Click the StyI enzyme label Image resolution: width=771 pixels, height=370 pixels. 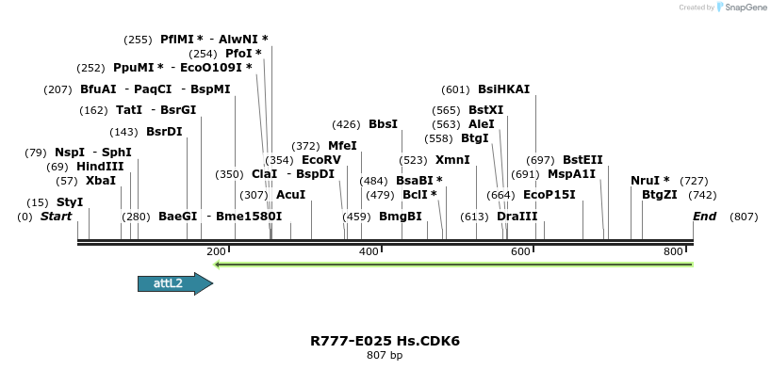(70, 202)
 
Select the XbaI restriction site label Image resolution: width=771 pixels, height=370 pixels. (101, 181)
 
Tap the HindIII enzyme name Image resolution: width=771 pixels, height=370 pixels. (100, 167)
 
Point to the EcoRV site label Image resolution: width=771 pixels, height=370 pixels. (321, 160)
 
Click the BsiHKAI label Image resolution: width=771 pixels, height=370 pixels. (503, 89)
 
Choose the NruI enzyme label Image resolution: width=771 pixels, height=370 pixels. (650, 181)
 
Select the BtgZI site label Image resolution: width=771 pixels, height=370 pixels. (660, 195)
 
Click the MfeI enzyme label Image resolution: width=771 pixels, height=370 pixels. (342, 146)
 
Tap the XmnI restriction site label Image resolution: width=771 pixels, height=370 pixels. (452, 160)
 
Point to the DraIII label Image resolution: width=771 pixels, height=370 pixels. (517, 217)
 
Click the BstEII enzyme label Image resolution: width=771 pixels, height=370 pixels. (582, 160)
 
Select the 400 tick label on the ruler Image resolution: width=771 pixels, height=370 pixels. (369, 251)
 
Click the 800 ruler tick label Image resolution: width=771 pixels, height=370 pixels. (673, 251)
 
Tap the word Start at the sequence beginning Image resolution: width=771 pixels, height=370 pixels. (56, 217)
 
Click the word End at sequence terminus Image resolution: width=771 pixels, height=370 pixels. (705, 217)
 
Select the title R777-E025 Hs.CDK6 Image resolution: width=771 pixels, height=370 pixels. (385, 340)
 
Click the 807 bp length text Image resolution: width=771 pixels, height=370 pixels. (385, 355)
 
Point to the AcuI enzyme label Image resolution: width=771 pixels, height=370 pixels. (290, 195)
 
